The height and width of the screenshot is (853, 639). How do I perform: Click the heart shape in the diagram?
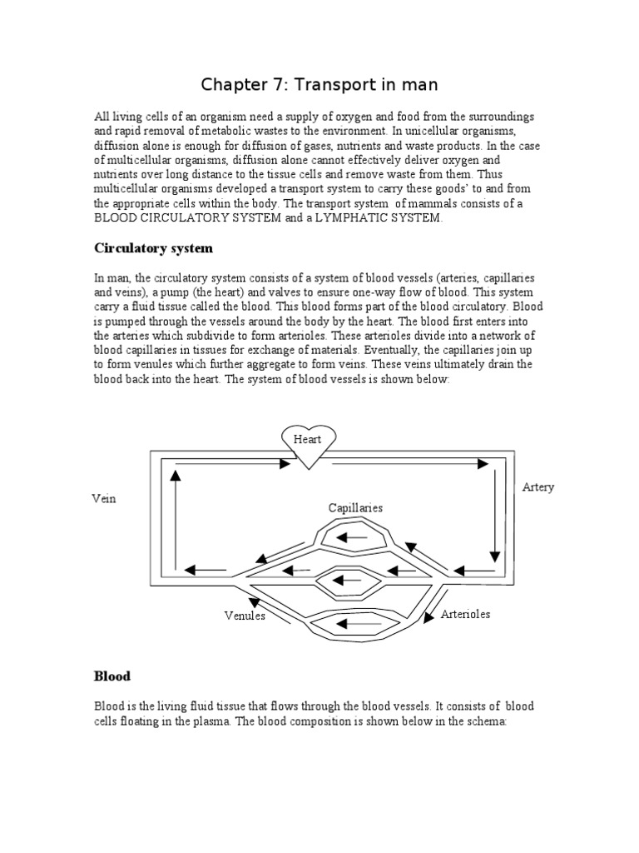coord(308,443)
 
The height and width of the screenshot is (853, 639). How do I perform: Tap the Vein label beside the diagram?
coord(104,499)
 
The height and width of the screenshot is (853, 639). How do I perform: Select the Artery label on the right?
coord(537,487)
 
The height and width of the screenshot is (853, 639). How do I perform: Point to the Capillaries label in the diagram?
coord(355,507)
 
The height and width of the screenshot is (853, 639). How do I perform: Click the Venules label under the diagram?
coord(244,616)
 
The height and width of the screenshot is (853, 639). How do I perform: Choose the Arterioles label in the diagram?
coord(465,614)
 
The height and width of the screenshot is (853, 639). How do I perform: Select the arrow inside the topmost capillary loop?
coord(354,537)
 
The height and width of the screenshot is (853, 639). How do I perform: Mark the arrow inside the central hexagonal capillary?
coord(354,579)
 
